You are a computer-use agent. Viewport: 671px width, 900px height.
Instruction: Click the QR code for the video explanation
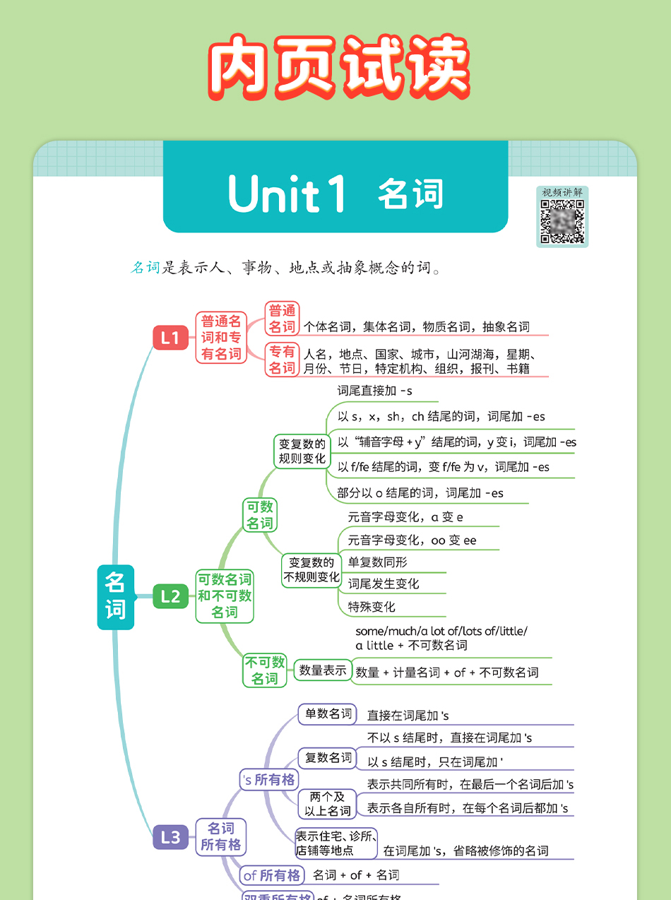click(562, 222)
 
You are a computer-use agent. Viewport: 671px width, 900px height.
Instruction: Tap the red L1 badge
click(170, 338)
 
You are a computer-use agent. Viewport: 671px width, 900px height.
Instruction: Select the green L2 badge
click(171, 596)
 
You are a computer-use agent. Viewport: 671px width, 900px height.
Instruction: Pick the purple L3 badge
click(171, 837)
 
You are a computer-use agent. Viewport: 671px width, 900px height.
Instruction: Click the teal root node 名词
click(115, 597)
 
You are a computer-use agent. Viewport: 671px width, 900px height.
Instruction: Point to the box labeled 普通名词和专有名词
click(221, 338)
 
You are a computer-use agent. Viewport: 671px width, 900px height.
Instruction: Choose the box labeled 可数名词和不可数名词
click(225, 596)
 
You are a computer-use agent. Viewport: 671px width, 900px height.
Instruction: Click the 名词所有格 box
click(220, 836)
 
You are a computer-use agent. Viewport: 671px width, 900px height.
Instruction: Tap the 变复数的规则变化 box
click(302, 451)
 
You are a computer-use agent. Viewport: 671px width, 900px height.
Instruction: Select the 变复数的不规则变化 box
click(311, 570)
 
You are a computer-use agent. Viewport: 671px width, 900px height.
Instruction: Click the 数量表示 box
click(323, 670)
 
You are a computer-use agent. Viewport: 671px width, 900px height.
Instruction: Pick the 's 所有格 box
click(269, 780)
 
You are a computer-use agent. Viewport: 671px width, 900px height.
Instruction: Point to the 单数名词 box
click(328, 714)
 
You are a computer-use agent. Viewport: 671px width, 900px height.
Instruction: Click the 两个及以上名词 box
click(328, 804)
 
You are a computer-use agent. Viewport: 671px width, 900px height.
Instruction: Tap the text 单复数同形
click(378, 562)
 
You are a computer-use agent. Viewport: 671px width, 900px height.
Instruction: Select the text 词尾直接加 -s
click(374, 391)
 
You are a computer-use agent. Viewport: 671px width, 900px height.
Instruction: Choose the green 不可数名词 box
click(265, 670)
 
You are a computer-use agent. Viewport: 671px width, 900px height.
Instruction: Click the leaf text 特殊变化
click(372, 607)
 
